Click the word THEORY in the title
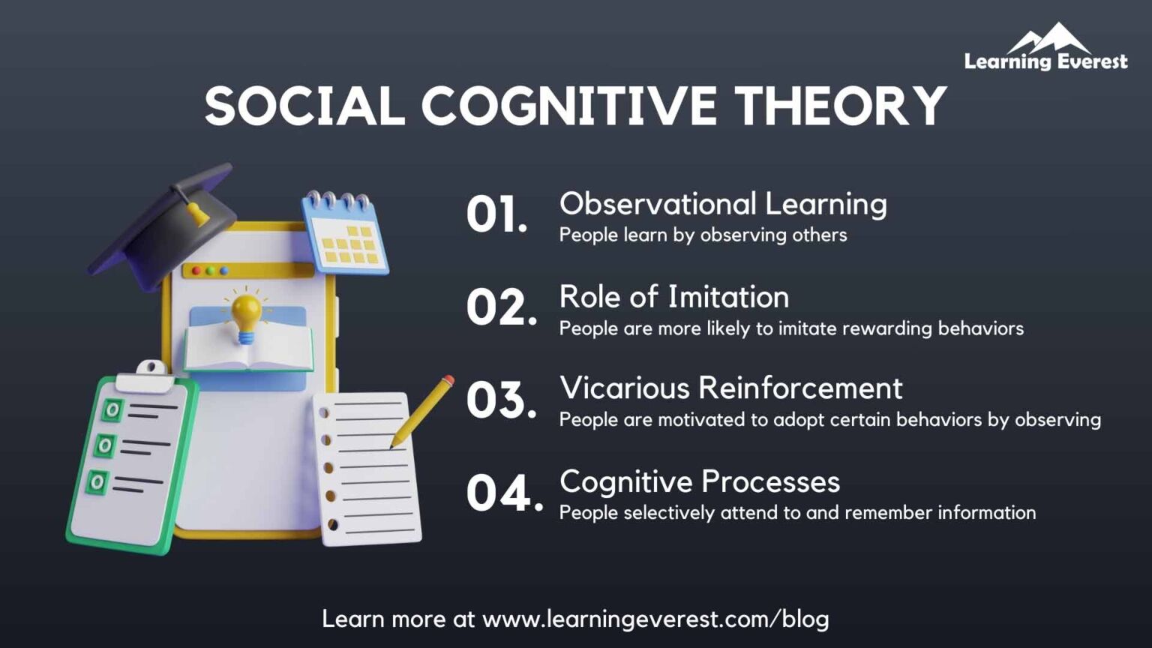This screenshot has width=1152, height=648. coord(840,106)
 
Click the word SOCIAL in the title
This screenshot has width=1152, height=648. coord(304,106)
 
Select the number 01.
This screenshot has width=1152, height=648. coord(496,214)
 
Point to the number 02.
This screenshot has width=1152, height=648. coord(501,307)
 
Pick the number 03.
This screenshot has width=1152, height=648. coord(501,400)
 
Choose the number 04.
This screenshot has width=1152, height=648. coord(504,493)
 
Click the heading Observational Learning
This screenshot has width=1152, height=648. coord(723,204)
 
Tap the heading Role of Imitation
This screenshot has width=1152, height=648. coord(673,297)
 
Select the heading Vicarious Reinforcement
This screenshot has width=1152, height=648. coord(730,388)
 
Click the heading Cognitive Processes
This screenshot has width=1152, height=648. coord(699,481)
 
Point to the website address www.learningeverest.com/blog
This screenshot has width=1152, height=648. coord(655,619)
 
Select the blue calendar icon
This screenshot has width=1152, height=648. coord(346,233)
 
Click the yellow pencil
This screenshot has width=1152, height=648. coord(422,411)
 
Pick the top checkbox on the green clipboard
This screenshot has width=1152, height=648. coord(112,409)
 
